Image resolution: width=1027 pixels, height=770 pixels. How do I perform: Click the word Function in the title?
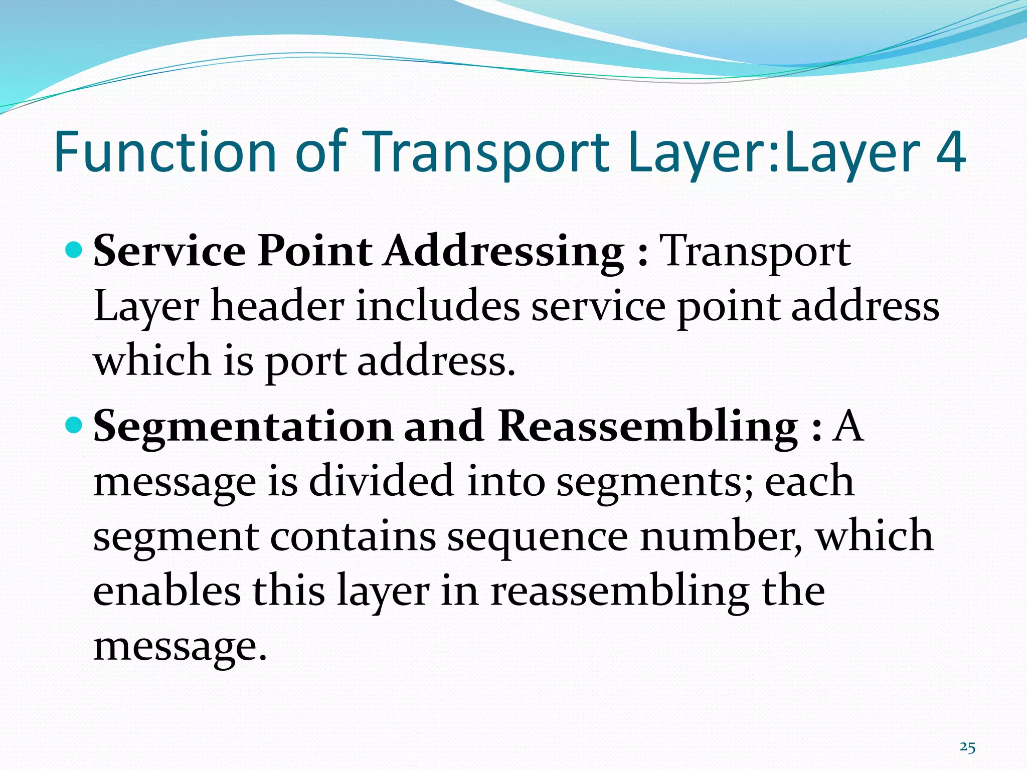coord(165,151)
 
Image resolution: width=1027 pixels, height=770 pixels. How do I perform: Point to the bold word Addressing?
coord(504,252)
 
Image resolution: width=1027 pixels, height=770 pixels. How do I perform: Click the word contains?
coord(353,535)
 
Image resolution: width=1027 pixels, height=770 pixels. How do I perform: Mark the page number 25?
coord(967,747)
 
